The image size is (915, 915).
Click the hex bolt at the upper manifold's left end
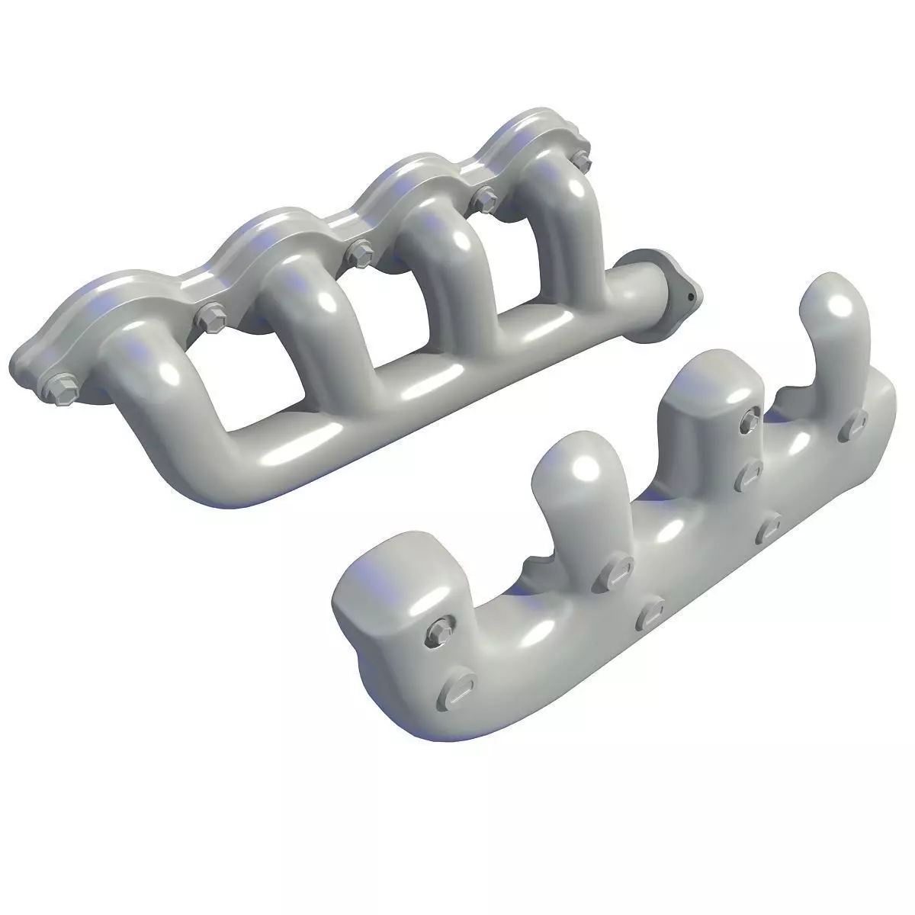(57, 388)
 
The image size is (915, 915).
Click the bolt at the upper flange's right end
(582, 159)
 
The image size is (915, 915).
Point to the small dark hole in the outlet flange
(689, 297)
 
